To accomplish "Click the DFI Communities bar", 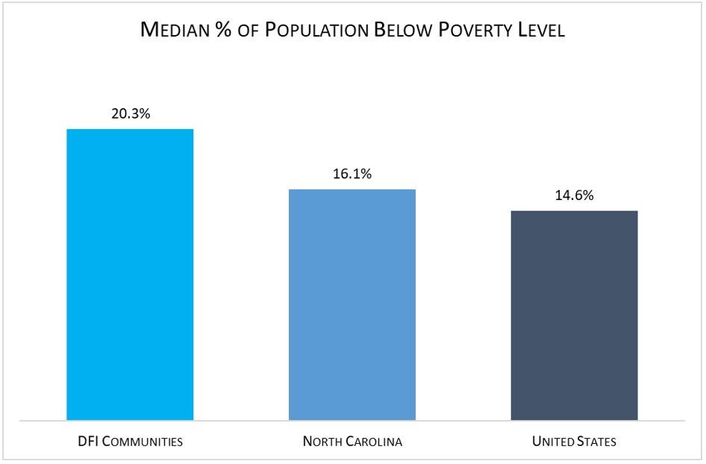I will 130,275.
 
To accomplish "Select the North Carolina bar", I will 352,304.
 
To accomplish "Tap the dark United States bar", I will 574,315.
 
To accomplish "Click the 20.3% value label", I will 130,114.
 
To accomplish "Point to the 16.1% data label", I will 352,174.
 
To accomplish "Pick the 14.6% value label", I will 574,195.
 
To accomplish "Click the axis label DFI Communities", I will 130,442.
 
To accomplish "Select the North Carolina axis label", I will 352,442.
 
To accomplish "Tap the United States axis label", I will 574,442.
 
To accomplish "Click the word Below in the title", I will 412,31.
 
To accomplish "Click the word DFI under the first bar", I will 87,442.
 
